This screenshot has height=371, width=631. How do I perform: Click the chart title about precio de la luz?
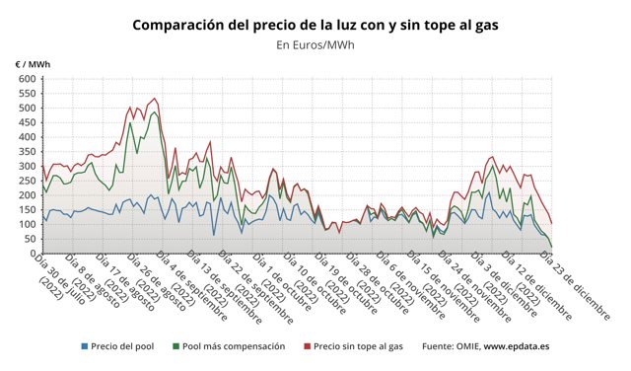(315, 24)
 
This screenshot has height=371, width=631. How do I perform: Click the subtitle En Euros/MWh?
(315, 44)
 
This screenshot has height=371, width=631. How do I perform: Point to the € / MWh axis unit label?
(34, 64)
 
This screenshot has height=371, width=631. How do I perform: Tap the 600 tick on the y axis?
(28, 79)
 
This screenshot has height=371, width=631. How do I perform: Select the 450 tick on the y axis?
(28, 122)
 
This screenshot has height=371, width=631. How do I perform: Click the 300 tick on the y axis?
(28, 166)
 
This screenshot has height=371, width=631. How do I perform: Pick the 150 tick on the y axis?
(28, 209)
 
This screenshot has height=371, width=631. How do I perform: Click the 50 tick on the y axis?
(30, 238)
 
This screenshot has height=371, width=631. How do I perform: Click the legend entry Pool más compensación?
(234, 346)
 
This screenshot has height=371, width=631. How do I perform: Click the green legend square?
(175, 346)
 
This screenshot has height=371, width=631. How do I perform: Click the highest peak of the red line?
(155, 99)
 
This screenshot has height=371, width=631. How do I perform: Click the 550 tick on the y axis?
(28, 94)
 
